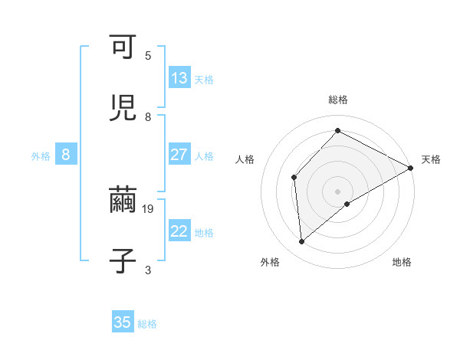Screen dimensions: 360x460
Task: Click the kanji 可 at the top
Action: point(123,47)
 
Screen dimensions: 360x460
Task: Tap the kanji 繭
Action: point(123,201)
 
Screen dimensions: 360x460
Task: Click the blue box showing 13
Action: point(179,78)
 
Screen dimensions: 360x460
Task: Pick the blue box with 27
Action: point(179,155)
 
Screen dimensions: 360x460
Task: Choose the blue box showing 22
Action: point(179,231)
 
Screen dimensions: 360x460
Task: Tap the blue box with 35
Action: point(123,322)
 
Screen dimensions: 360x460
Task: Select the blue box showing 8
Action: point(66,155)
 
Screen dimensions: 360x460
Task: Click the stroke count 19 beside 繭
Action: point(149,208)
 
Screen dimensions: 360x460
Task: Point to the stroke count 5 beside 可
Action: point(148,56)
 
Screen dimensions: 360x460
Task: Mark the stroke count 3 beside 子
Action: point(148,270)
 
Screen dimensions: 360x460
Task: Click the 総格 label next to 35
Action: point(147,324)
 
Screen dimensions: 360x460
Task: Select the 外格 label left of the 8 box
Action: point(41,156)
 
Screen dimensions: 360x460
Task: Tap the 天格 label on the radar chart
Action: point(431,159)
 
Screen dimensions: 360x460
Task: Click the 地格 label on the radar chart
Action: point(402,262)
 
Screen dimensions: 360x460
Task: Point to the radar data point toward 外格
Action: point(302,242)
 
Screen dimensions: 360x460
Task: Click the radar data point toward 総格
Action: point(337,131)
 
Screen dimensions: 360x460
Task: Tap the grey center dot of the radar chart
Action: point(337,191)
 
